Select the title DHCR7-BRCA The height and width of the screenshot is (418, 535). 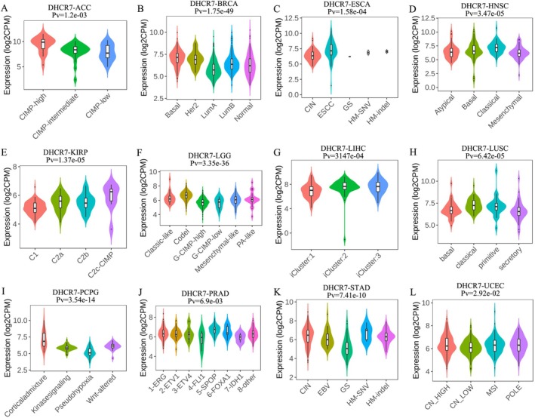click(x=200, y=5)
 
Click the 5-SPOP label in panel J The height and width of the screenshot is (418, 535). click(x=234, y=385)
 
